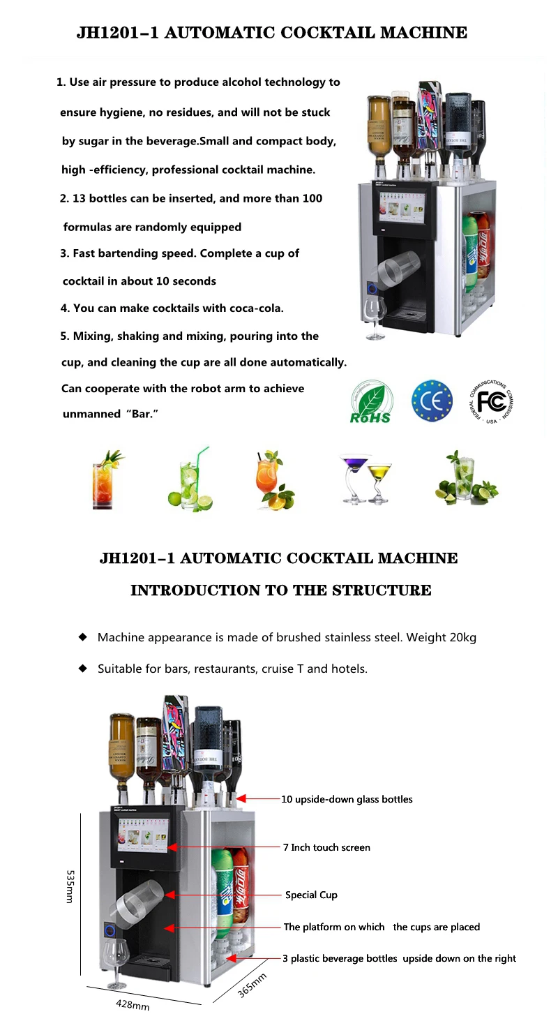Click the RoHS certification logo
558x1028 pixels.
click(370, 403)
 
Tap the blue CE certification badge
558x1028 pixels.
click(432, 401)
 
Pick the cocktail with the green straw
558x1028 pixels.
click(190, 480)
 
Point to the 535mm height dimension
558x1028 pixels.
click(69, 886)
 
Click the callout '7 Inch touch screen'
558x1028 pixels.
click(326, 847)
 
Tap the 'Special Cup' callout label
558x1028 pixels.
click(311, 895)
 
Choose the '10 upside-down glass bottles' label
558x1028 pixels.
click(347, 799)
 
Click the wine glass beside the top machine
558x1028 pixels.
click(375, 318)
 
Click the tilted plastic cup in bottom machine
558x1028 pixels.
click(136, 901)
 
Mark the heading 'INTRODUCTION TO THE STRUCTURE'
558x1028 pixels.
click(280, 590)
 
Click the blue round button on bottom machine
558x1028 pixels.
click(110, 930)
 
